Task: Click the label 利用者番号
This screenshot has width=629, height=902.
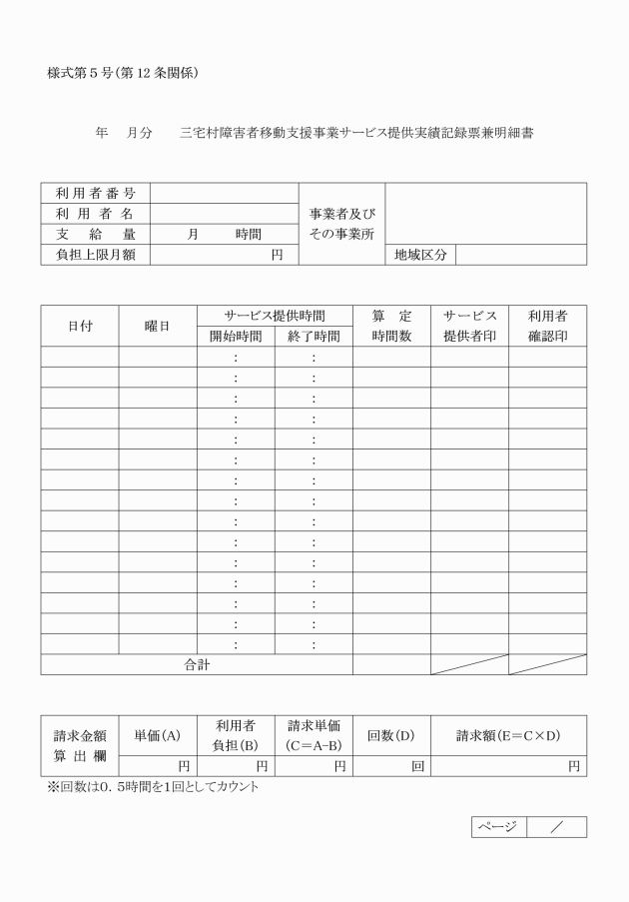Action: point(95,193)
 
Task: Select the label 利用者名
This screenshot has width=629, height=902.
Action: point(95,214)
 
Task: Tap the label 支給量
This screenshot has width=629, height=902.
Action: point(95,234)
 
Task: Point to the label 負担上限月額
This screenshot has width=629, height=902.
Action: point(95,255)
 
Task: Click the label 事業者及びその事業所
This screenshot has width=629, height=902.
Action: point(341,224)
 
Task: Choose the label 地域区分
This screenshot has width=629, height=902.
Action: point(420,255)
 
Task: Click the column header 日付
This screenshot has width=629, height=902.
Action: point(80,326)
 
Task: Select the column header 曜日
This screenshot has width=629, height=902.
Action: point(158,326)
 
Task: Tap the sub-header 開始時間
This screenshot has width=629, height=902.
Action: point(236,337)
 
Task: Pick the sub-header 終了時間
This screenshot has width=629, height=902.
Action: point(314,337)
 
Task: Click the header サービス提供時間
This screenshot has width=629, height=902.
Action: point(275,316)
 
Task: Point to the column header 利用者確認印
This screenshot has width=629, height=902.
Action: point(547,326)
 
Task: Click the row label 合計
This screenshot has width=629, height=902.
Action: point(197,664)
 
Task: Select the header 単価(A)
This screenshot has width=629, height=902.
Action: point(158,736)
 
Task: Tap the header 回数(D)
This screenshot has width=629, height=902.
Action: point(391,736)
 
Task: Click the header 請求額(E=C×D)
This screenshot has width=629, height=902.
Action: point(508,736)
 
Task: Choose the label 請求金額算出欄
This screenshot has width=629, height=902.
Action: point(80,746)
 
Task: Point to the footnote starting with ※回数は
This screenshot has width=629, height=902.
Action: point(153,787)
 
